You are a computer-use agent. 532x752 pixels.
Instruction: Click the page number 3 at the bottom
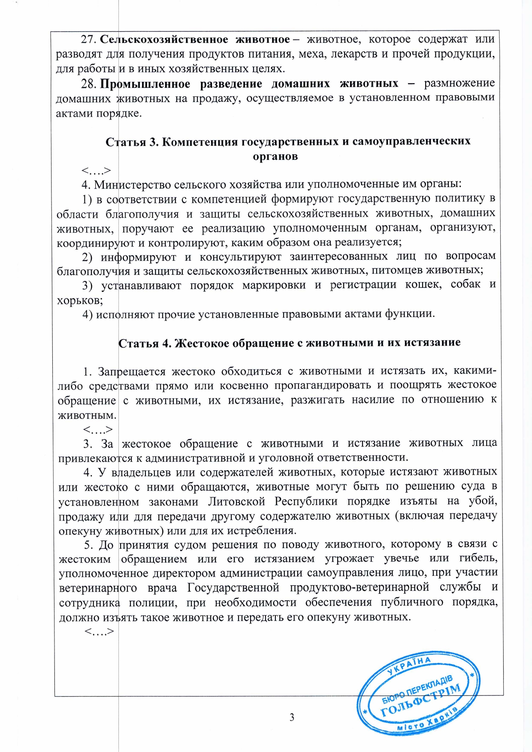(292, 717)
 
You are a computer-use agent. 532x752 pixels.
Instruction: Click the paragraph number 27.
(88, 39)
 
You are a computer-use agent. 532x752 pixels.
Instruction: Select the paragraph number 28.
(88, 84)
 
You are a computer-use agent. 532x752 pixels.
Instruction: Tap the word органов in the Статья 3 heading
(275, 156)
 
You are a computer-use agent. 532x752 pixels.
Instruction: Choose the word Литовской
(236, 501)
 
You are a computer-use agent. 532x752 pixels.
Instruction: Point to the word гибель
(478, 559)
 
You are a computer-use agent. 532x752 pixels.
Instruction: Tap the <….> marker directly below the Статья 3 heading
(97, 171)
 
